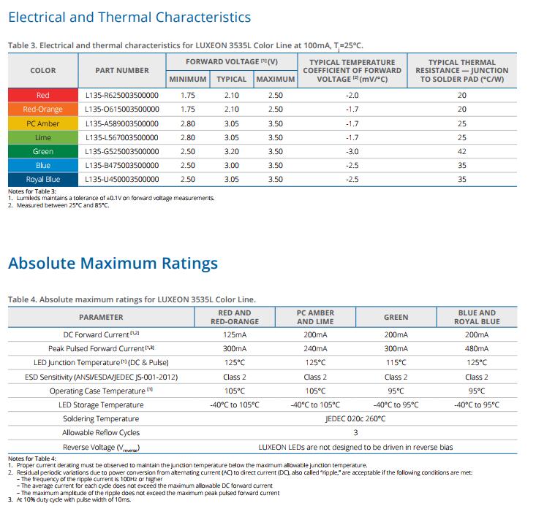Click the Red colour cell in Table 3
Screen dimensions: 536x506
[43, 95]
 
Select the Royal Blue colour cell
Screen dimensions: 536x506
[43, 179]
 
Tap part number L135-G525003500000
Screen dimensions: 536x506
[122, 151]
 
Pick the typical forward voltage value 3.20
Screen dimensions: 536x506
[231, 151]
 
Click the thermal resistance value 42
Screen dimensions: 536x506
[462, 151]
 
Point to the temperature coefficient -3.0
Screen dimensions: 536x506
[352, 151]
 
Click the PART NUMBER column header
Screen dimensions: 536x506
[122, 70]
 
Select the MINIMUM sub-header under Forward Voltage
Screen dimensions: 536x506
[188, 79]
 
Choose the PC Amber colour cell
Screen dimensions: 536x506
[43, 123]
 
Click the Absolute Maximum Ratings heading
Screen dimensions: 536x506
[113, 264]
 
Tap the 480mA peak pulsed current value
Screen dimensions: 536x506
[477, 348]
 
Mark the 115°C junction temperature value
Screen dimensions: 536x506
[396, 363]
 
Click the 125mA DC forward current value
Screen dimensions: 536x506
[235, 334]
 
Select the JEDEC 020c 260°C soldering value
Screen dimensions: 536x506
[355, 418]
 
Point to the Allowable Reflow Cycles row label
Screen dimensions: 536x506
[101, 432]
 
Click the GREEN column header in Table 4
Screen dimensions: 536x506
[396, 317]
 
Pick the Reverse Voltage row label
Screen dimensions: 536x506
[101, 448]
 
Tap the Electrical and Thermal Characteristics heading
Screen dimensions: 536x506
[129, 17]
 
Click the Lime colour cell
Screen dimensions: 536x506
[43, 137]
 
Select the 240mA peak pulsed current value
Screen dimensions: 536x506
[315, 348]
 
